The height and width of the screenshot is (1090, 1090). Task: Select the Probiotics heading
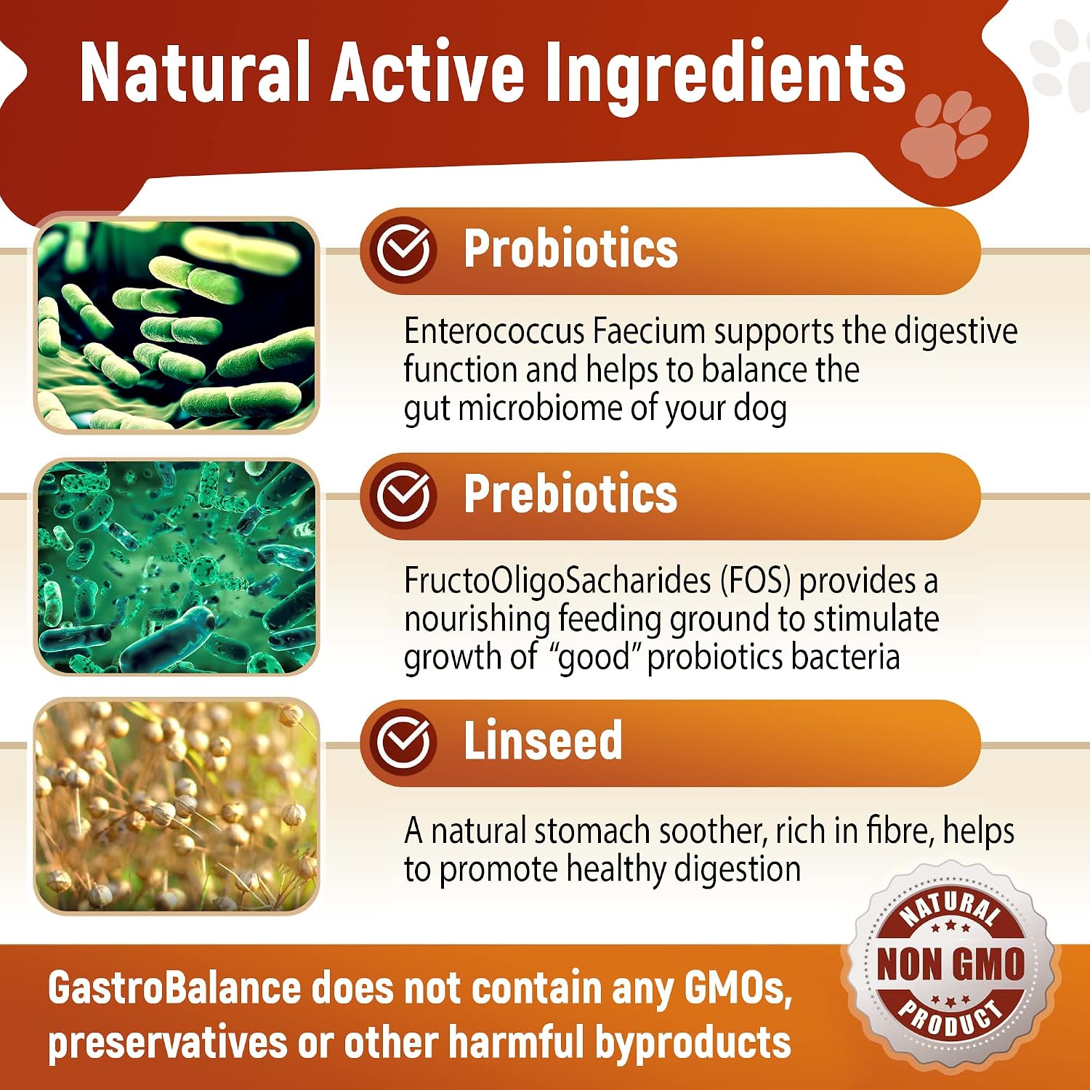coord(570,249)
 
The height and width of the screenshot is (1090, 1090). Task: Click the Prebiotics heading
coord(570,494)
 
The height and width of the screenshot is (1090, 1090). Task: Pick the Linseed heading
coord(543,740)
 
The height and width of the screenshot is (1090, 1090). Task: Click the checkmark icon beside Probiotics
coord(403,250)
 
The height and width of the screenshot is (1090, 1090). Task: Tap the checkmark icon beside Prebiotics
coord(403,496)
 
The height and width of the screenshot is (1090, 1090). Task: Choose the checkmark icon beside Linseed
coord(403,742)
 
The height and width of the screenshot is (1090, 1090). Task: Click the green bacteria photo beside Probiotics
coord(177,326)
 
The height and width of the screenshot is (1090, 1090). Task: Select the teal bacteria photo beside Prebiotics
coord(177,567)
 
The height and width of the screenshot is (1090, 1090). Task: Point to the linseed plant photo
coord(177,806)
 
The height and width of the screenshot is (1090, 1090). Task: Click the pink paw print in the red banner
coord(945,134)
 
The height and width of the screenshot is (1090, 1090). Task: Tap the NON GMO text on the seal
coord(950,964)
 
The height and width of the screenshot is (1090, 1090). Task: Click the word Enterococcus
coord(494,331)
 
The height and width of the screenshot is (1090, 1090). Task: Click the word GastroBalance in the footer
coord(174,989)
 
